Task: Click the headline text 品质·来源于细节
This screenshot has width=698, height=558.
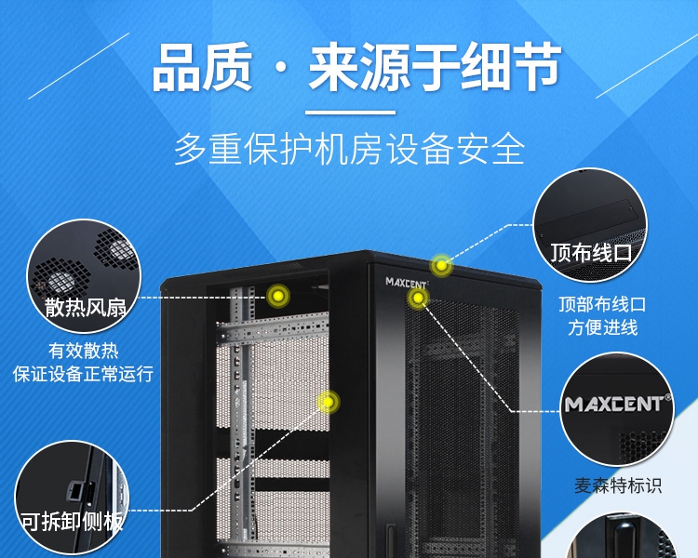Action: (356, 67)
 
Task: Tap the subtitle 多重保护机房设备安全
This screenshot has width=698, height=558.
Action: (349, 149)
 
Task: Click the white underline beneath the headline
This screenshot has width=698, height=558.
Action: (350, 113)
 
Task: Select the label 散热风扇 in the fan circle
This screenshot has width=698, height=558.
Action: (85, 307)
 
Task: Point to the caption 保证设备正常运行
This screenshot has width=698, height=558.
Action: (83, 374)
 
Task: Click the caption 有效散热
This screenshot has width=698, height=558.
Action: (83, 351)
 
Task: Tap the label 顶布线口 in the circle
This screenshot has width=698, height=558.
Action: (591, 253)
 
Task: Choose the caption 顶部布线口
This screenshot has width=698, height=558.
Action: (603, 305)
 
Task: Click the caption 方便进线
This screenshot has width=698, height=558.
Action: (603, 327)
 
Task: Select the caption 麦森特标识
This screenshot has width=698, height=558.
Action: (618, 485)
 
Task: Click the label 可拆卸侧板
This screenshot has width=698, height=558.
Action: (72, 521)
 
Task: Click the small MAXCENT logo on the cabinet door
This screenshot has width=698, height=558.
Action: (407, 282)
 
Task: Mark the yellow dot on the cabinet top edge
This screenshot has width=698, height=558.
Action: (441, 266)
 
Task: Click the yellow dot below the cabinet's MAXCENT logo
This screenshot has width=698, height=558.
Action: (418, 299)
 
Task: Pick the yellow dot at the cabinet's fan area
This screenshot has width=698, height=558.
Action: (278, 295)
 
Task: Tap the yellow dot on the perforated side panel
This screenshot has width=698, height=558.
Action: (329, 403)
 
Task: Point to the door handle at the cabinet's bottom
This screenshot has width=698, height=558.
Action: (390, 540)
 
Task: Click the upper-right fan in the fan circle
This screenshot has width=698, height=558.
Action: (116, 249)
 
